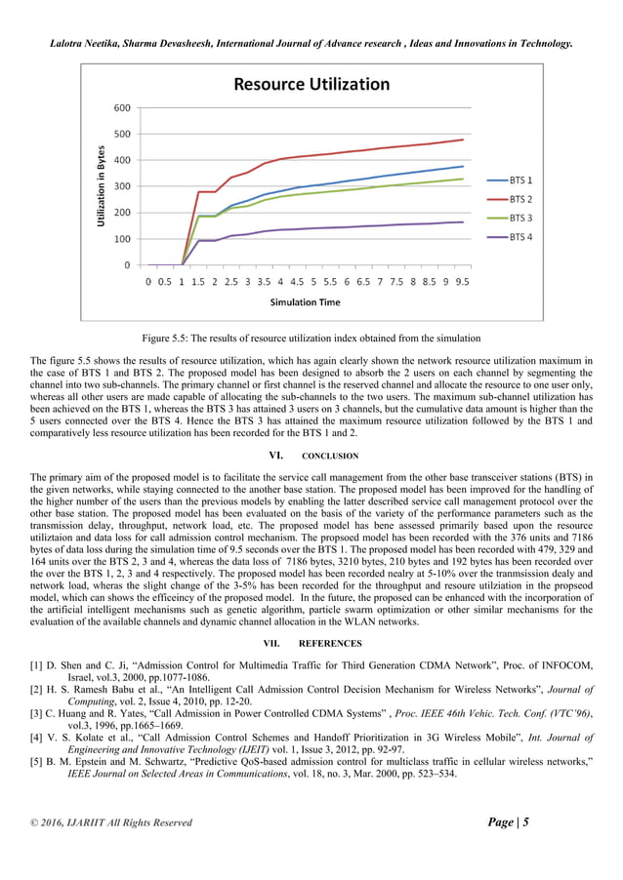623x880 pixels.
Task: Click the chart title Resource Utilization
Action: (311, 84)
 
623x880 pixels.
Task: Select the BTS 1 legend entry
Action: (521, 180)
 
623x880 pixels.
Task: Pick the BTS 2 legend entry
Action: (521, 199)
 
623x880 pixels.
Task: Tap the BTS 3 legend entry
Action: (521, 218)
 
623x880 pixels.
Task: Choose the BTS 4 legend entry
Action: (521, 236)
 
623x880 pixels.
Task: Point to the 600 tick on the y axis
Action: (124, 107)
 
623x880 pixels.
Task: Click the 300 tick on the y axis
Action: (124, 186)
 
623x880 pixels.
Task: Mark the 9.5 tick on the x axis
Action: (463, 281)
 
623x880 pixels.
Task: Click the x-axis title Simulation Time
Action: (306, 302)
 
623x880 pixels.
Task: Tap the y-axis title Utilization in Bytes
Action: (101, 186)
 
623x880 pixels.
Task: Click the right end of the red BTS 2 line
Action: (463, 140)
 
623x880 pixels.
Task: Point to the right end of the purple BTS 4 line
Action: (463, 221)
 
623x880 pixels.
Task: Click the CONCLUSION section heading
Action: (329, 456)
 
